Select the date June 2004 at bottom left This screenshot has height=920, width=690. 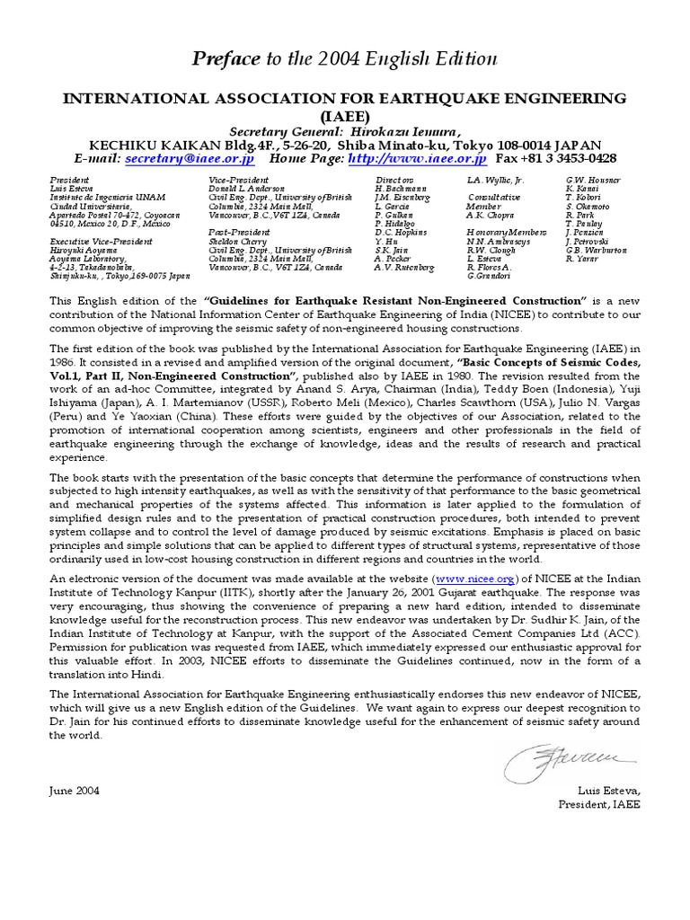[75, 791]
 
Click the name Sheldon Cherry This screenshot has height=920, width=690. [239, 242]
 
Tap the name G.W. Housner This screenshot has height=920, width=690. [593, 181]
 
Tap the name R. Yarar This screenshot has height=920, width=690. [580, 259]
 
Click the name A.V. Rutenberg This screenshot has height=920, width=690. [404, 268]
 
